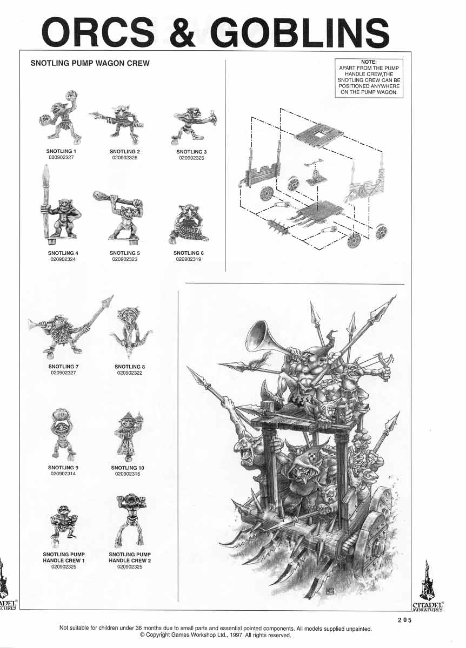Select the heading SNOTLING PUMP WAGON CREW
pyautogui.click(x=90, y=63)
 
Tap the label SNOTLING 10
pyautogui.click(x=128, y=468)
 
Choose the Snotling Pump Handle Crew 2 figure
pyautogui.click(x=130, y=519)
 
